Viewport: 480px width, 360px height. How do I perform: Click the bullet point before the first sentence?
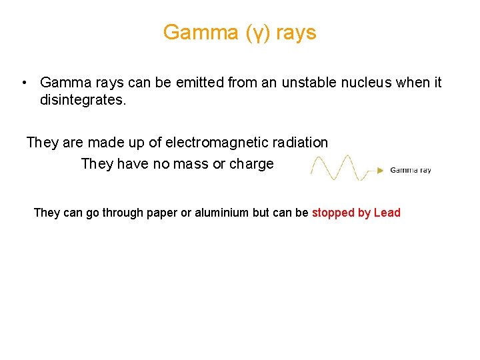(x=23, y=83)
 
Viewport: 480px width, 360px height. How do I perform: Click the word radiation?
(x=299, y=143)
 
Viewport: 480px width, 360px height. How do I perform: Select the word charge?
(x=251, y=164)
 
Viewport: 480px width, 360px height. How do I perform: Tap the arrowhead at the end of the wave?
(x=381, y=170)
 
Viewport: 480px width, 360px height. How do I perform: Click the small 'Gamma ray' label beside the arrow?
(x=411, y=170)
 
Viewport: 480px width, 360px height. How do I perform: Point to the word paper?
(x=159, y=213)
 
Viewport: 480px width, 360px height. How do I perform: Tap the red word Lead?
(x=387, y=213)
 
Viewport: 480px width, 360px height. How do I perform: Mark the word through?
(x=121, y=213)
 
